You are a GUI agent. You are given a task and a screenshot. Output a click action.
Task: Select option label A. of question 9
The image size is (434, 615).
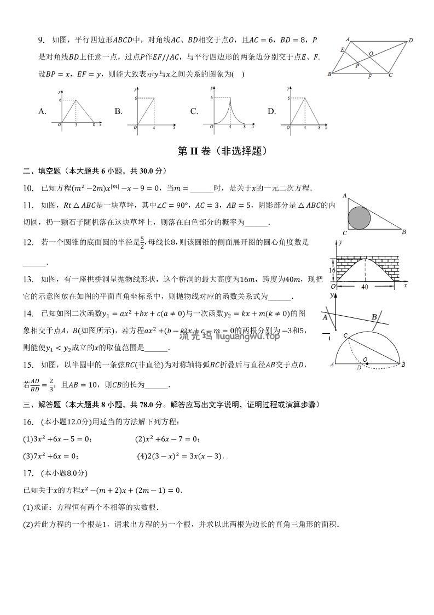coord(42,112)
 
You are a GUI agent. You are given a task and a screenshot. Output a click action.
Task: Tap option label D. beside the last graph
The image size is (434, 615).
coord(271,112)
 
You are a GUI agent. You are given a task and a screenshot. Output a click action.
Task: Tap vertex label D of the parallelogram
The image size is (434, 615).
coord(410,40)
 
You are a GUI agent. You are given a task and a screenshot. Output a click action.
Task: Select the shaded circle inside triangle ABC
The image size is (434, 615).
coord(360,218)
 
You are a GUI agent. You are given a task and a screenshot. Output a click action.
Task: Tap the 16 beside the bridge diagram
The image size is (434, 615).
coord(332,270)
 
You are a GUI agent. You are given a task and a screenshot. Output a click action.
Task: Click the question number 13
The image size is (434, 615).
coord(28,280)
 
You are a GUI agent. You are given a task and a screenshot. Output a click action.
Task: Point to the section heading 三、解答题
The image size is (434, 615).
coord(37,405)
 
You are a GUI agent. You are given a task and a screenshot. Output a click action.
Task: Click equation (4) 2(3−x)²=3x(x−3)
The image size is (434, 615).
coord(181,456)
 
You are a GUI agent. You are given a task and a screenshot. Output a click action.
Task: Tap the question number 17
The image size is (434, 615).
coord(28,473)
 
